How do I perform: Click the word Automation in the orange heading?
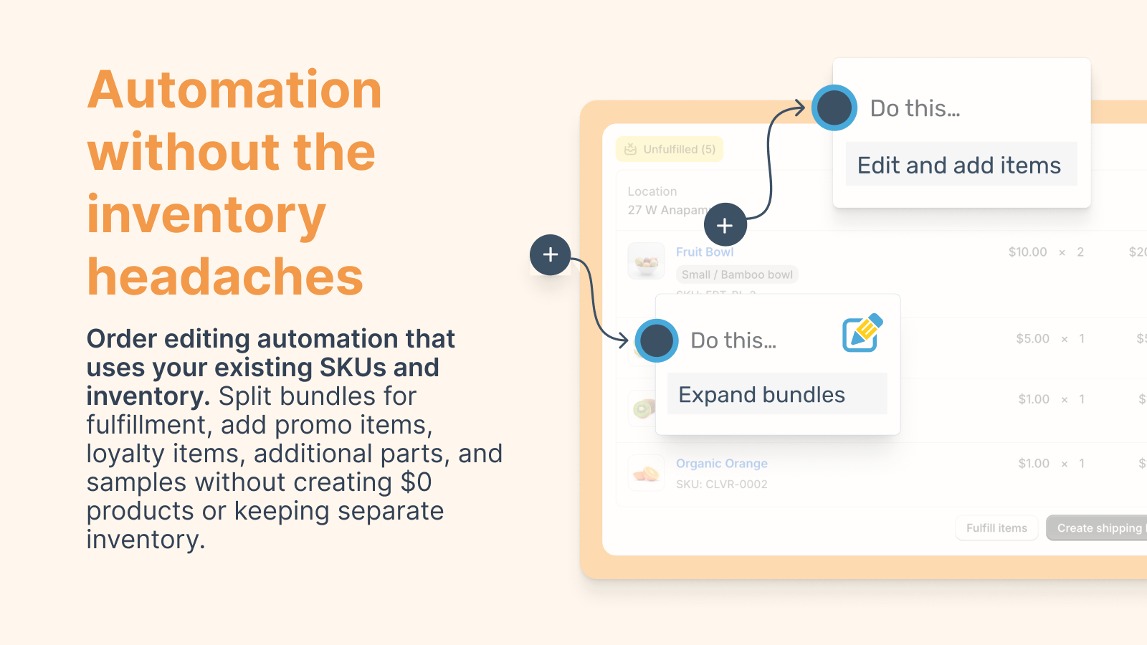tap(234, 90)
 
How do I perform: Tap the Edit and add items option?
tap(959, 165)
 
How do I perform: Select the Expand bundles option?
tap(762, 394)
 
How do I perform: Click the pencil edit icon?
tap(862, 333)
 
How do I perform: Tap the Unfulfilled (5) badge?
tap(670, 149)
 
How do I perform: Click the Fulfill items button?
tap(996, 528)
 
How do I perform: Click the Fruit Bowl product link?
tap(705, 252)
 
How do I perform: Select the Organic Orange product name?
tap(721, 463)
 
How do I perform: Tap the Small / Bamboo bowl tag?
tap(737, 274)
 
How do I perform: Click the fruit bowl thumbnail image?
tap(646, 261)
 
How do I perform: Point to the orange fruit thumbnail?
tap(646, 473)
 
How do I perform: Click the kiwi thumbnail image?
tap(642, 408)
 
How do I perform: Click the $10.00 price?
tap(1027, 252)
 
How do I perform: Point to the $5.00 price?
tap(1032, 338)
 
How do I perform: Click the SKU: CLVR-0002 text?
tap(721, 484)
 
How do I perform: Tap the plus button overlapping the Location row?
tap(725, 225)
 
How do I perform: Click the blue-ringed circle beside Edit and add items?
tap(834, 108)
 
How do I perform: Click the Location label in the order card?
tap(652, 191)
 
